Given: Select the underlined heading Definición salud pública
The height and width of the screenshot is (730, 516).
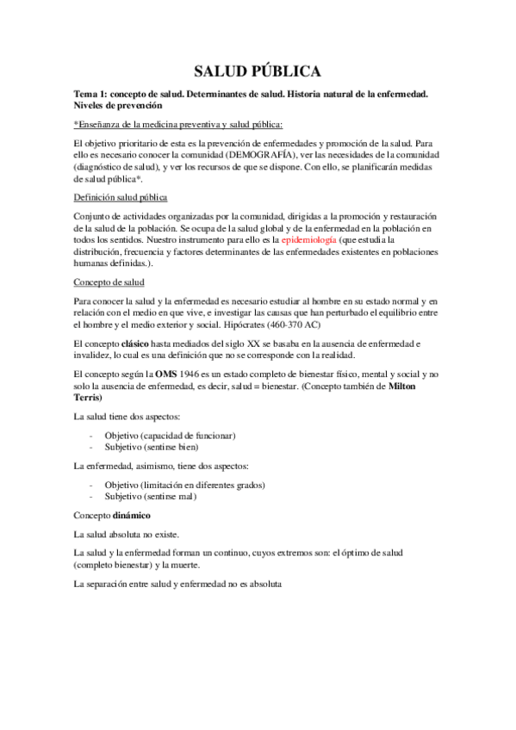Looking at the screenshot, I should tap(120, 196).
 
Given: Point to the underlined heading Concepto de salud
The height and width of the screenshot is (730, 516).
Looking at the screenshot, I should tap(109, 282).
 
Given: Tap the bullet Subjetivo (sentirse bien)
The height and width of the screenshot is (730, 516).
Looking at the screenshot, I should tap(151, 448).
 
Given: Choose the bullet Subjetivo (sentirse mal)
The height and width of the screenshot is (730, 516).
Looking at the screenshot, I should tap(152, 497).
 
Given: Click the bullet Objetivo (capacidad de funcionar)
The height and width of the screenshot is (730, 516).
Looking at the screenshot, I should tap(170, 436).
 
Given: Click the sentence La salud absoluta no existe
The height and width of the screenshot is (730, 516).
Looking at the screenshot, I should tap(127, 534).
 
